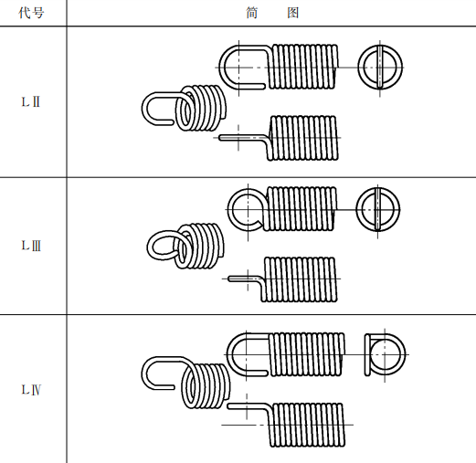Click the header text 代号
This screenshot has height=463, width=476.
[31, 13]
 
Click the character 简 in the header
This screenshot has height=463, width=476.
[252, 13]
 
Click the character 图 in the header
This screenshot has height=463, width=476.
[293, 13]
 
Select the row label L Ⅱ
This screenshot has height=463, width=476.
[31, 101]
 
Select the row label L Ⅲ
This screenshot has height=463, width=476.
[31, 246]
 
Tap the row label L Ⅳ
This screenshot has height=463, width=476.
[31, 389]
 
